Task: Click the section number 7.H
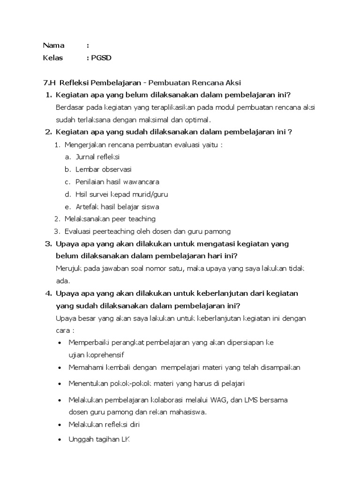(49, 82)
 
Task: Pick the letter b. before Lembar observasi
(68, 169)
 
